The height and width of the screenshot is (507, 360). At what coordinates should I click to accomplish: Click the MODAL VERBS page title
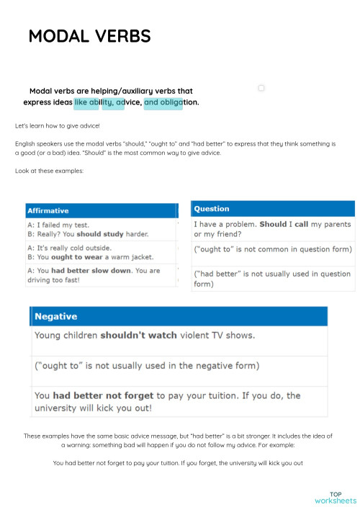pyautogui.click(x=90, y=37)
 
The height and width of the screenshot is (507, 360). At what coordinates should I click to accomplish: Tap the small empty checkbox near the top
pyautogui.click(x=261, y=88)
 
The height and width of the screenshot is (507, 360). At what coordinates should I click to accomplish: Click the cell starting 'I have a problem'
pyautogui.click(x=274, y=229)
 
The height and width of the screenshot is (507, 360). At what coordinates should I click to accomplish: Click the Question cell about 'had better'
pyautogui.click(x=274, y=278)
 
